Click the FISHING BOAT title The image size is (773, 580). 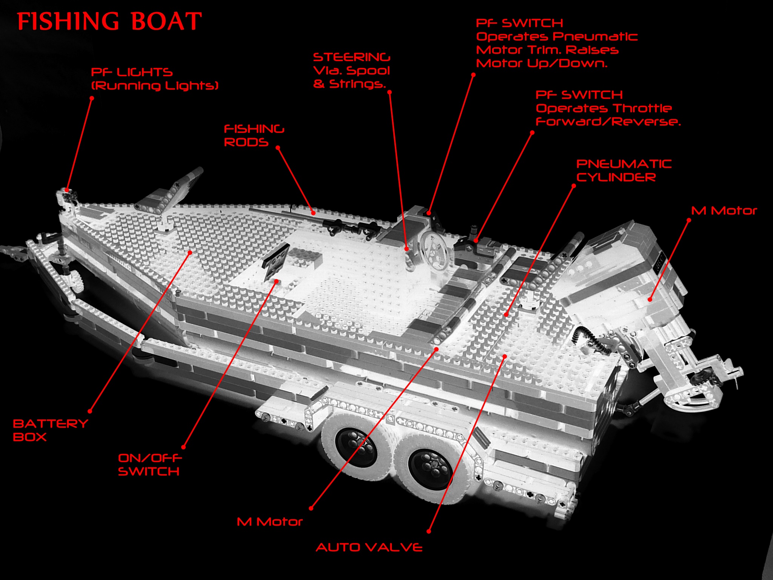109,21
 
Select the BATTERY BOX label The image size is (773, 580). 50,430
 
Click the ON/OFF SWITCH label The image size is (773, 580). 149,465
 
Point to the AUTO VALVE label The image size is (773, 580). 369,548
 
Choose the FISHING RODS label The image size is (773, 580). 254,136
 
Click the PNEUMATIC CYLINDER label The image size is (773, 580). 624,171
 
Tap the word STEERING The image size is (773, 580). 351,57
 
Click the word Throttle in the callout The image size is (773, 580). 642,108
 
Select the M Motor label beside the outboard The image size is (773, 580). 724,211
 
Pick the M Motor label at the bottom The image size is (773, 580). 269,522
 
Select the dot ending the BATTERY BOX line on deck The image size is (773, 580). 190,252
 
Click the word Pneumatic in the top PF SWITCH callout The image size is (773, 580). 596,37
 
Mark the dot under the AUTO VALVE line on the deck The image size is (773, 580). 505,356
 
